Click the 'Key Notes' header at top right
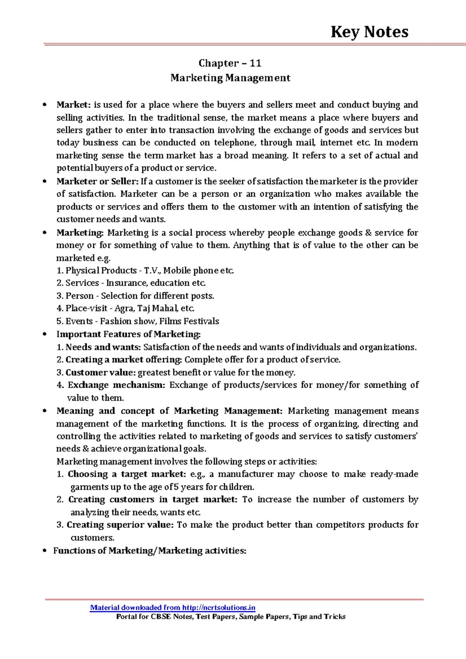369,32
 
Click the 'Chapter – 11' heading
230,63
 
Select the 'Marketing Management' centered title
230,78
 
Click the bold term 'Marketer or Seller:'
97,181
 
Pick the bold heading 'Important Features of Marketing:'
129,334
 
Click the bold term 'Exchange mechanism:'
116,385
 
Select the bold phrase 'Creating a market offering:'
123,360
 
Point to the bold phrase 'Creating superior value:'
120,525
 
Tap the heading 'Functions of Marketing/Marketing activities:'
150,551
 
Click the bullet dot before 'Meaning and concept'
46,411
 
